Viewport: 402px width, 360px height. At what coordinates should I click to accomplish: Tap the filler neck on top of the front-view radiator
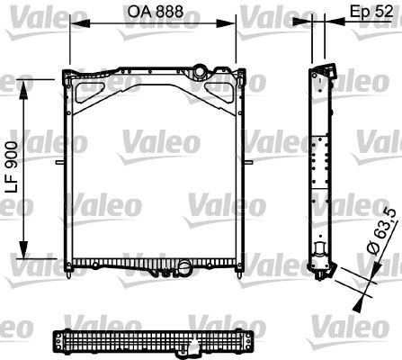tap(200, 70)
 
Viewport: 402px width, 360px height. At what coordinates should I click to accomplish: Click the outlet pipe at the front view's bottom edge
tap(184, 266)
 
